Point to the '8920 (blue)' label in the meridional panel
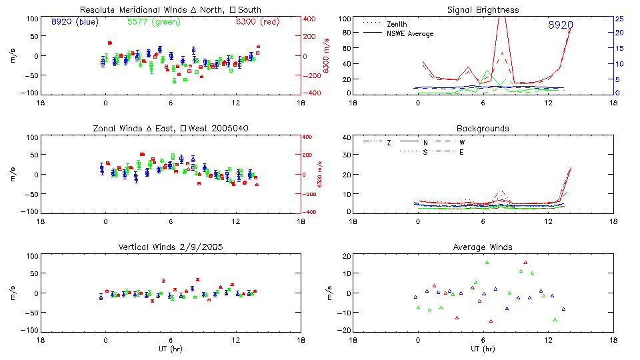point(75,22)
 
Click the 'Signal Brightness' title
point(483,10)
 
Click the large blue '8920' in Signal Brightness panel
point(560,25)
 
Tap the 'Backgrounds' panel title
point(483,128)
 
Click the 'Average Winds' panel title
point(483,247)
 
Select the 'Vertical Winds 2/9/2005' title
point(170,247)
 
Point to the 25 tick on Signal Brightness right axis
point(619,19)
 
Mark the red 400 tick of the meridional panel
point(311,19)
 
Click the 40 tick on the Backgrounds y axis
point(346,138)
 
